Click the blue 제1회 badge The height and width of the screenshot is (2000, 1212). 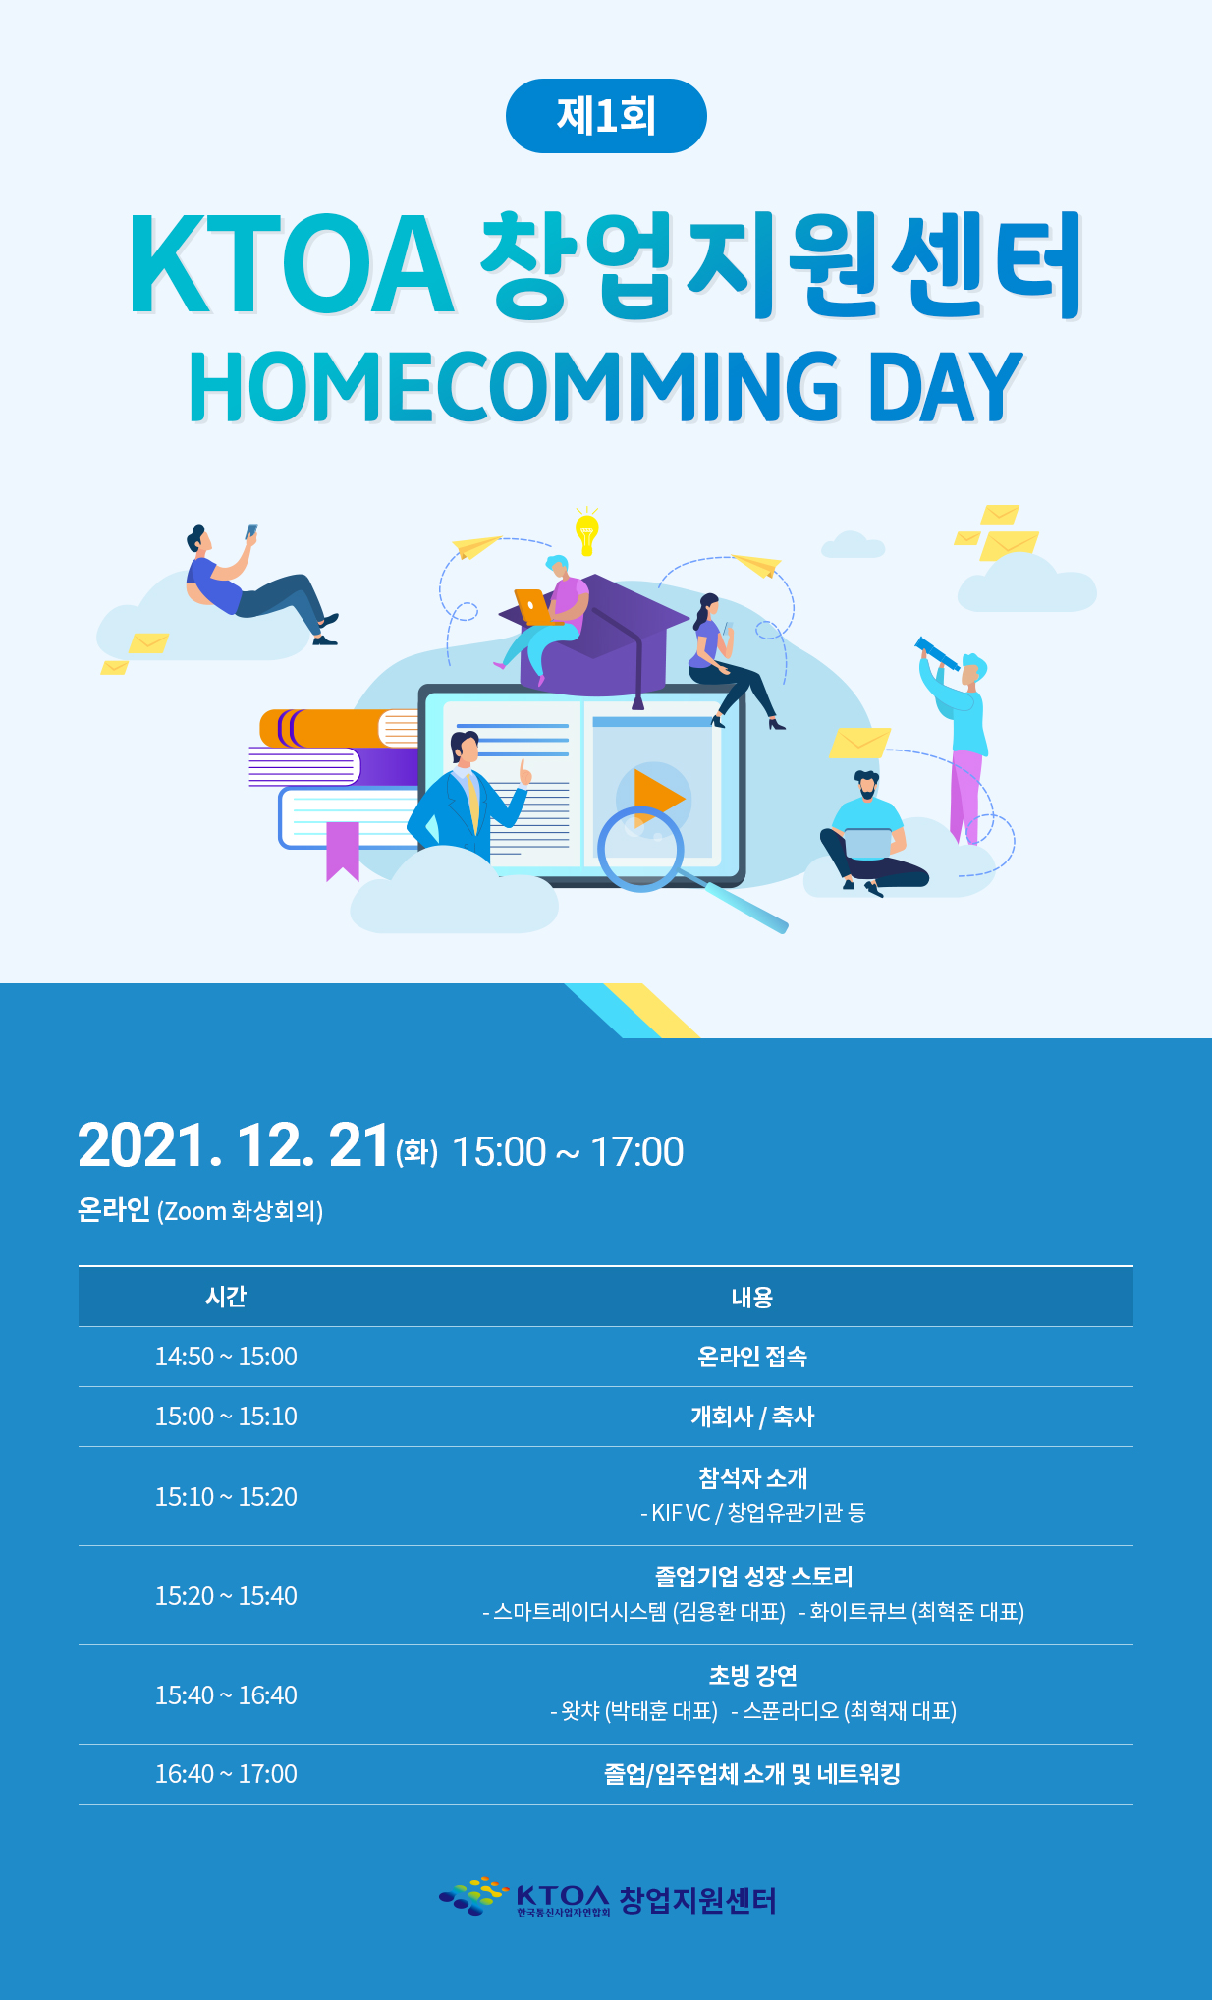[606, 116]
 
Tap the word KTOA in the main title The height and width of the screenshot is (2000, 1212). [292, 265]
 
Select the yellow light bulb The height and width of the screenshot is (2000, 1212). [587, 531]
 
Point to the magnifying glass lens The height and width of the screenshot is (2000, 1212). [640, 848]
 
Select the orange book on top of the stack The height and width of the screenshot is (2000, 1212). [339, 729]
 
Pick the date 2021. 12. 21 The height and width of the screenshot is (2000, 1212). [234, 1145]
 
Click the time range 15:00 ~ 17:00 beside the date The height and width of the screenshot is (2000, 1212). [568, 1151]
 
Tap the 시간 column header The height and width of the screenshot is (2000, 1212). [226, 1297]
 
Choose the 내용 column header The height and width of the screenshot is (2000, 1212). [752, 1298]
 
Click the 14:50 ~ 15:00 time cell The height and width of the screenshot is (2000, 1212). [226, 1357]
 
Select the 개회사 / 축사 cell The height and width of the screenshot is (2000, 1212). [752, 1417]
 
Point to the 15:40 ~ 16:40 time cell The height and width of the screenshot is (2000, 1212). [226, 1695]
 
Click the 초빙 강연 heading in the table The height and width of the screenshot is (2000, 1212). [753, 1676]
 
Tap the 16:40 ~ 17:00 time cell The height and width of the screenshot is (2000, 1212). [226, 1774]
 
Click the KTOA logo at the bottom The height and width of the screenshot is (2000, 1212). [608, 1899]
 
